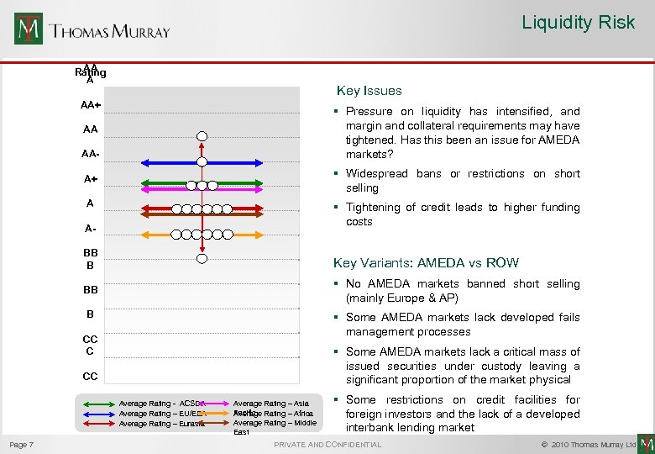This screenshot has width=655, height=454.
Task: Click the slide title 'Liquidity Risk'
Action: (x=578, y=23)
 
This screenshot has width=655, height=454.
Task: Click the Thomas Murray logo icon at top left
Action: (x=28, y=29)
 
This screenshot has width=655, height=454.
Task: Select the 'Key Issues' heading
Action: (x=369, y=91)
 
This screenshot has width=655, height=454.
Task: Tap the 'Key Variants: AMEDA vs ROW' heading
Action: (x=426, y=263)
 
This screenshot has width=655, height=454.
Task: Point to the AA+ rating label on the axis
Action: (x=91, y=105)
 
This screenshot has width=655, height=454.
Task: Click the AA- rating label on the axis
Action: (x=90, y=154)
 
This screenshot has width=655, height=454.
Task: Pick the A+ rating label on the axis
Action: (x=90, y=179)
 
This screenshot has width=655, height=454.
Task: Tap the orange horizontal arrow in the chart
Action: (x=202, y=234)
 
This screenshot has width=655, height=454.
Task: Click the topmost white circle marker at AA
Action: (x=202, y=136)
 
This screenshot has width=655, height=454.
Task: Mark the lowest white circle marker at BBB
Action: (x=202, y=258)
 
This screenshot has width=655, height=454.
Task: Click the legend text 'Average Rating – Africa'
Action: (x=273, y=414)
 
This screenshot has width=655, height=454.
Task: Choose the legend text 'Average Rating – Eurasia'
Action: (x=162, y=424)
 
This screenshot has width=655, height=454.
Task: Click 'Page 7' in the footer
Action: (x=22, y=444)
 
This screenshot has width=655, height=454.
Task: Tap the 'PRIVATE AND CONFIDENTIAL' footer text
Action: (x=327, y=444)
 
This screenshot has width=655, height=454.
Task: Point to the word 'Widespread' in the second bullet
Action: (x=375, y=174)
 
